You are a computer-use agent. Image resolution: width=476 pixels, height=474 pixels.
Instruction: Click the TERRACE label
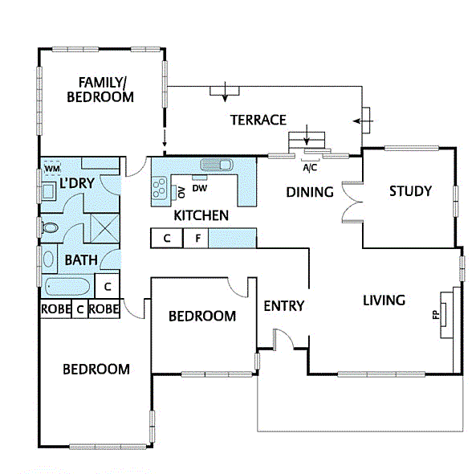(x=258, y=120)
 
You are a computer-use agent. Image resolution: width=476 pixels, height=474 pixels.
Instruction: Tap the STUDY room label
(x=410, y=191)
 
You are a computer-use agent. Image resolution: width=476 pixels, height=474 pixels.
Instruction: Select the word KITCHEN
(x=201, y=215)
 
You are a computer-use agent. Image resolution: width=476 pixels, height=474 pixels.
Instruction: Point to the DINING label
(x=309, y=192)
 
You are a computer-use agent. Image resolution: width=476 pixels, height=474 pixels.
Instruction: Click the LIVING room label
(x=384, y=300)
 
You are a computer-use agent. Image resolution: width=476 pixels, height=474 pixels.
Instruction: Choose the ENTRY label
(x=283, y=305)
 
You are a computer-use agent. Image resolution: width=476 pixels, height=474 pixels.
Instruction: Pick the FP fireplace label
(x=437, y=315)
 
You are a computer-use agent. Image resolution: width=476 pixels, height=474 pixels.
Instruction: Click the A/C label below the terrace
(x=309, y=169)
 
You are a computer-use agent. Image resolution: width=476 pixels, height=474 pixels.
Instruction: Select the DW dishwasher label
(x=200, y=189)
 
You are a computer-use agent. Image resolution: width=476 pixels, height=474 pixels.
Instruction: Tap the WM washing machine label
(x=51, y=168)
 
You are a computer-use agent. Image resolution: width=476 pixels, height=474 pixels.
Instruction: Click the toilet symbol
(x=50, y=228)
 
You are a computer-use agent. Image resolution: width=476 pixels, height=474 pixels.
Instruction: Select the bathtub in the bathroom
(x=68, y=287)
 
